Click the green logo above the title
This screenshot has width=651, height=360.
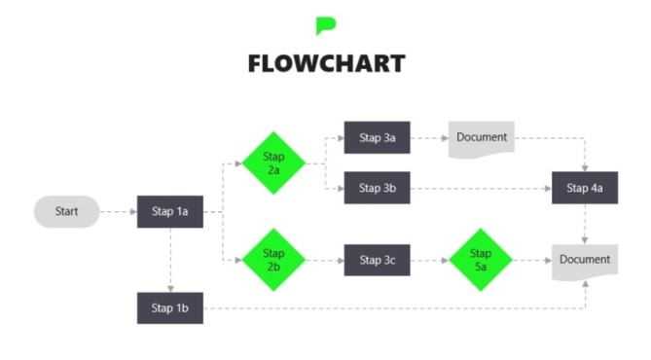[x=325, y=25]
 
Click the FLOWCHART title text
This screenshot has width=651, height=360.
[x=325, y=64]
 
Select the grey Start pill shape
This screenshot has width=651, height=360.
[x=66, y=211]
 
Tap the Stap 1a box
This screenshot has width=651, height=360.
[x=170, y=211]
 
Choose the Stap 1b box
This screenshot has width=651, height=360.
[x=170, y=307]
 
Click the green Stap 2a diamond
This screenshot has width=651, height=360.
[x=273, y=162]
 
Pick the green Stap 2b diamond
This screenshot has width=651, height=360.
[x=273, y=260]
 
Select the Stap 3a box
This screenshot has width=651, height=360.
[x=377, y=138]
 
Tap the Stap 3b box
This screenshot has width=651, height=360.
[x=377, y=187]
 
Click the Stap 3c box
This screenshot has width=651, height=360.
[x=377, y=260]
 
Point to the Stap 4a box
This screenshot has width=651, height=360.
[x=584, y=187]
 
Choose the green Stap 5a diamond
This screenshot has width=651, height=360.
[x=481, y=260]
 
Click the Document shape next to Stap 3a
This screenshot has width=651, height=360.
[x=481, y=138]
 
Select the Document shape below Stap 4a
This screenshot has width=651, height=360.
[x=584, y=261]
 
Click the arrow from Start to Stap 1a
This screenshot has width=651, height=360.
[x=118, y=211]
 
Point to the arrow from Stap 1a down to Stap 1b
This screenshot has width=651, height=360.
[x=170, y=259]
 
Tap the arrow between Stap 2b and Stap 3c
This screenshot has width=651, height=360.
[x=324, y=260]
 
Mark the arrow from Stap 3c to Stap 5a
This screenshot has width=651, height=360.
[x=428, y=260]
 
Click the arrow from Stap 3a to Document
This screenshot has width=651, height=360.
[x=428, y=138]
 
